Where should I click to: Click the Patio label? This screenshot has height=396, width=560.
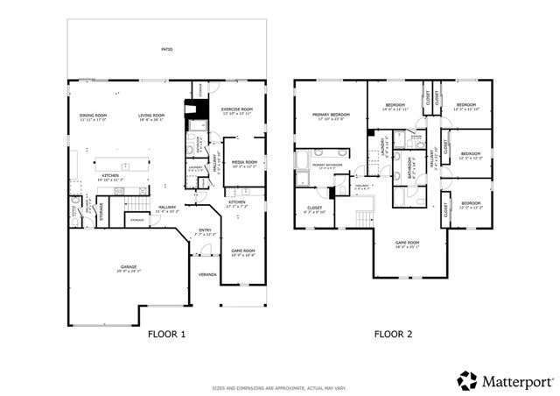[166, 50]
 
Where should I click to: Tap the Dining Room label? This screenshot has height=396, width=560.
[93, 116]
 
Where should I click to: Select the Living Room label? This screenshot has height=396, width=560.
[150, 116]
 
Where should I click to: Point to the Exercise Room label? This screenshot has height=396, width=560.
[236, 110]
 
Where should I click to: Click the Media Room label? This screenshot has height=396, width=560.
[244, 162]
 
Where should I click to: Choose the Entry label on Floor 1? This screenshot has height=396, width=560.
[204, 230]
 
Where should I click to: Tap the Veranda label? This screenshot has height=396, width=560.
[207, 274]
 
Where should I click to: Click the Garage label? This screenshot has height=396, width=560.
[129, 267]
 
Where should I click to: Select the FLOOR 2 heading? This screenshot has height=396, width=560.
[393, 334]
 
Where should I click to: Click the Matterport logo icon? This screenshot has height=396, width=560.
[467, 380]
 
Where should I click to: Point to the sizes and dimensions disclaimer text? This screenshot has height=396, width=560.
[279, 388]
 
